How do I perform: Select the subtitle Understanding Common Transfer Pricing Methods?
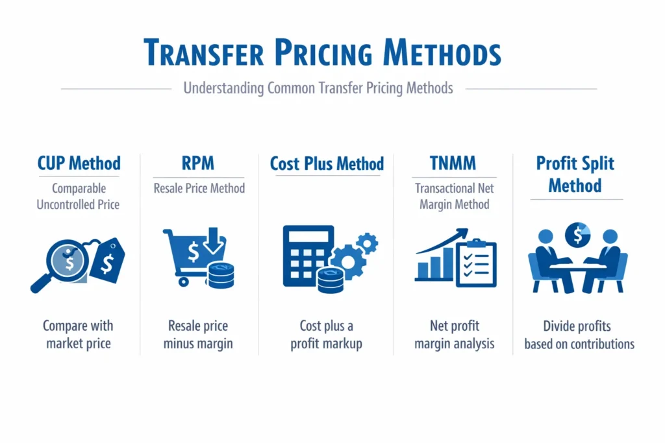(x=318, y=88)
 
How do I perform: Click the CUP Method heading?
(x=79, y=163)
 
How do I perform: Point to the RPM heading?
(x=199, y=163)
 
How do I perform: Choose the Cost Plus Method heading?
(x=327, y=163)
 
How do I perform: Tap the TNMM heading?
(x=454, y=163)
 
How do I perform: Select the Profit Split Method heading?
(x=575, y=174)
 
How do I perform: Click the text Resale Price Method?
(x=199, y=189)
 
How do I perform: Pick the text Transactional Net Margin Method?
(x=454, y=197)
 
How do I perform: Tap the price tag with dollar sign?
(x=106, y=260)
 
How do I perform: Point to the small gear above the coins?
(x=368, y=243)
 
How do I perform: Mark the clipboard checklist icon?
(x=476, y=263)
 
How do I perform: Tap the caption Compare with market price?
(x=78, y=334)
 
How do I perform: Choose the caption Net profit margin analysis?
(x=454, y=334)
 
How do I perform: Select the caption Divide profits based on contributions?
(x=579, y=335)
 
